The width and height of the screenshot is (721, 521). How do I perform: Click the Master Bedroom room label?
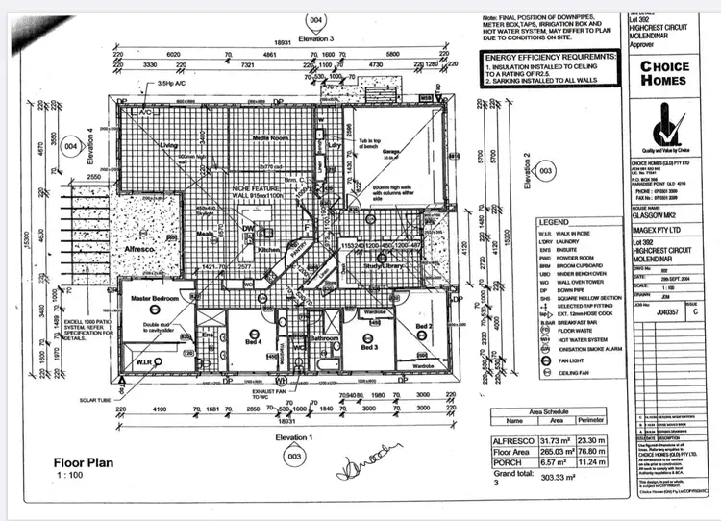156,300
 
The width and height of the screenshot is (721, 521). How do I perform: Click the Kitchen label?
266,249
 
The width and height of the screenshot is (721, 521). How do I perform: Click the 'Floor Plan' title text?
84,462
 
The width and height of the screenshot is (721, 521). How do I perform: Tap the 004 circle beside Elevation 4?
70,147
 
